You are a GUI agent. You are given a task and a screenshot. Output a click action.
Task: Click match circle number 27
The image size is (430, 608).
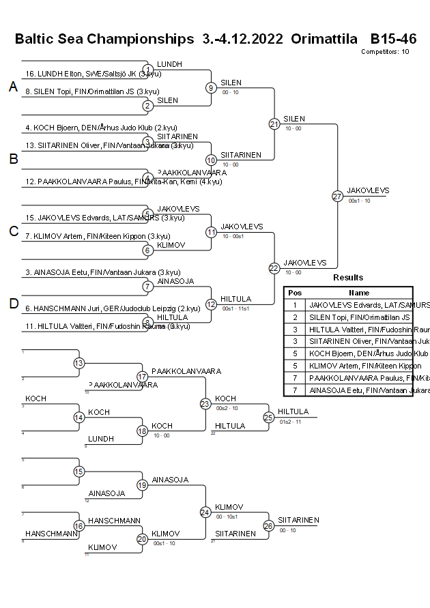(x=337, y=197)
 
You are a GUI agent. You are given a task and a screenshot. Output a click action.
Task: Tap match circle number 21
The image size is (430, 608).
(x=274, y=124)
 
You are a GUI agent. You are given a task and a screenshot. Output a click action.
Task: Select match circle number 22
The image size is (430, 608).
(x=274, y=268)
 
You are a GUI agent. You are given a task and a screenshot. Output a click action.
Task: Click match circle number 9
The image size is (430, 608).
(x=212, y=87)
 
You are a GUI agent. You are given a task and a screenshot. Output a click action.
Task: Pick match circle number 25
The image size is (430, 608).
(x=268, y=417)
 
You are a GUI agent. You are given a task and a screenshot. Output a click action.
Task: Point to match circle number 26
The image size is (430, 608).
(x=268, y=525)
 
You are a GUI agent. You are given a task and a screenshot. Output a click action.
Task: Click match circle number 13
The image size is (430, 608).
(x=79, y=363)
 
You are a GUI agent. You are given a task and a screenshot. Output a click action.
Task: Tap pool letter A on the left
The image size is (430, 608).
(x=12, y=87)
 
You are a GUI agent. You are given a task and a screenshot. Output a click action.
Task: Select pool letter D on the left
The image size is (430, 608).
(x=13, y=304)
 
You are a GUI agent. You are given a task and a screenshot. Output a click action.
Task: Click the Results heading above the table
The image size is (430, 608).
(x=348, y=278)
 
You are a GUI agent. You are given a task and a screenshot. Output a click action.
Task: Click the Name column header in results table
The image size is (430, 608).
(x=358, y=292)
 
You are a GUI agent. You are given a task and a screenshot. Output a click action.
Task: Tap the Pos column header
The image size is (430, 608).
(x=294, y=292)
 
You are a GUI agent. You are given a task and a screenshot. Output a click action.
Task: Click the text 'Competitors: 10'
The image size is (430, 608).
(x=385, y=51)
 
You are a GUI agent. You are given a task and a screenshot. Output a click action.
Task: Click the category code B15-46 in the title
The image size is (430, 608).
(x=393, y=39)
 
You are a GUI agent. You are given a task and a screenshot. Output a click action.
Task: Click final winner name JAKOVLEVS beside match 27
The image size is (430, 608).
(x=368, y=190)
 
